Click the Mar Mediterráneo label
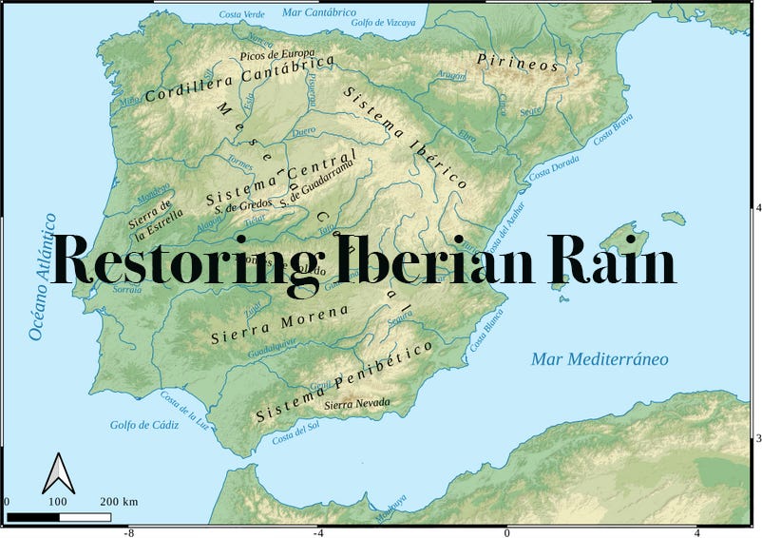(600, 359)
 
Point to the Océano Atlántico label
(39, 277)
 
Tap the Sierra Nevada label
(357, 404)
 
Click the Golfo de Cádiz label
(144, 425)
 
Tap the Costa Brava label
(613, 129)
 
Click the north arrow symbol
(58, 472)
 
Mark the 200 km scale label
(119, 502)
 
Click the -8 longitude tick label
(129, 532)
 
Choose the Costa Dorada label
(554, 167)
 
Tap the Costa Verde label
(242, 14)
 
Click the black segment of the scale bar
(33, 518)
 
